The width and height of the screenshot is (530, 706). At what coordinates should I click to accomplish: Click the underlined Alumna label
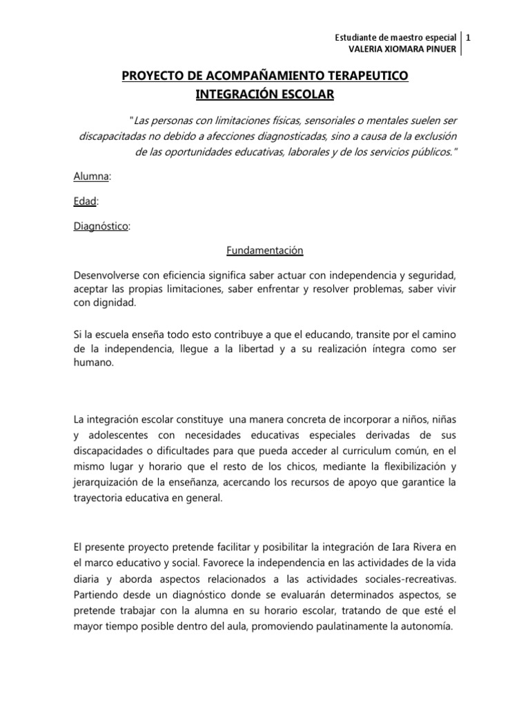[x=91, y=176]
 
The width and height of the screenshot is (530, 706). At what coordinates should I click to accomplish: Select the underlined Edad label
[x=85, y=201]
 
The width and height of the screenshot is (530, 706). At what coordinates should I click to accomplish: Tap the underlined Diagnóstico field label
[x=101, y=226]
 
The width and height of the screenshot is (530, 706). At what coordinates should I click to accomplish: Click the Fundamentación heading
[x=265, y=251]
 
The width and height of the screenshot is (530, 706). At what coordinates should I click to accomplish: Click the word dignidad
[x=117, y=301]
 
